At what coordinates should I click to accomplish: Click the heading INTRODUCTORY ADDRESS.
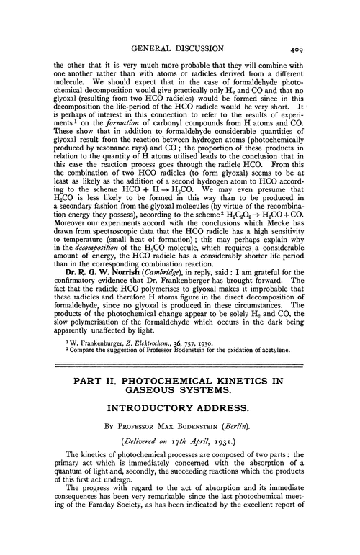[x=179, y=458]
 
